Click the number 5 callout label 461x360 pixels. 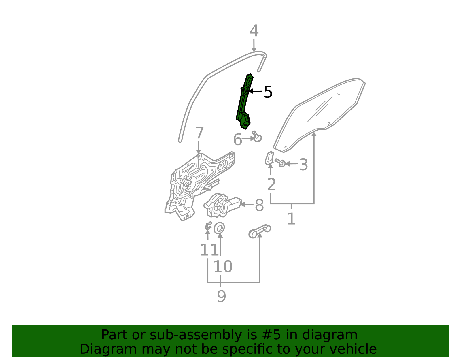tap(268, 92)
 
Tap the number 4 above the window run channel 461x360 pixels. tap(254, 31)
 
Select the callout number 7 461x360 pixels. tap(199, 133)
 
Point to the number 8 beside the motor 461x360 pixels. tap(259, 205)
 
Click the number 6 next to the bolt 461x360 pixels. tap(237, 140)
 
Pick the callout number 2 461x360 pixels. tap(271, 184)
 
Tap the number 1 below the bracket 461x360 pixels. tap(291, 219)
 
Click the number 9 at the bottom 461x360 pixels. tap(221, 296)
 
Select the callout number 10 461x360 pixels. tap(223, 267)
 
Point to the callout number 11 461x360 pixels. tap(209, 250)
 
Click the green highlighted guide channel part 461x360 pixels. tap(244, 102)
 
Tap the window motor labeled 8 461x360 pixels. tap(222, 205)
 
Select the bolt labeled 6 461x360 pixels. tap(257, 137)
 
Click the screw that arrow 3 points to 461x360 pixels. tap(280, 163)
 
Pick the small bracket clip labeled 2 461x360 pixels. tap(269, 158)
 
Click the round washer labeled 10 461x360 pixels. tap(219, 228)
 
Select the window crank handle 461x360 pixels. tap(260, 231)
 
